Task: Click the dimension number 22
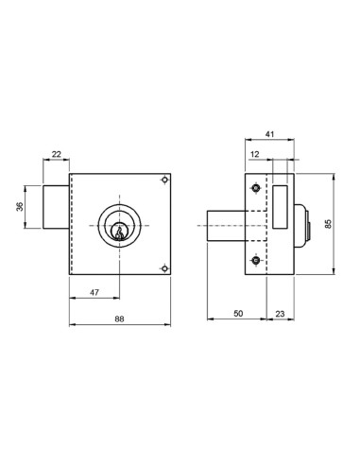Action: (x=56, y=154)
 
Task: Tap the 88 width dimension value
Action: (x=119, y=319)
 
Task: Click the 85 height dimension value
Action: (x=327, y=224)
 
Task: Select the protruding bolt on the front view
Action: (x=57, y=205)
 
